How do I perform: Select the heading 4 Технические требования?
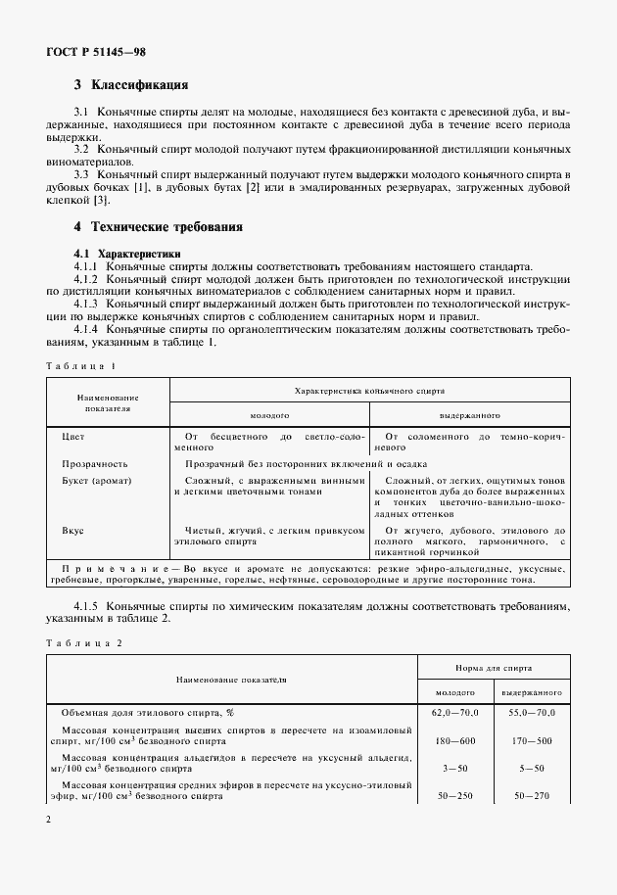click(159, 227)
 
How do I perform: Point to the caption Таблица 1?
click(80, 365)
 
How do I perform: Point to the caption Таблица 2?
click(81, 642)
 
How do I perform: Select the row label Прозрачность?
click(94, 464)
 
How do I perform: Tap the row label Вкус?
click(72, 530)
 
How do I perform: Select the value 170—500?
click(533, 740)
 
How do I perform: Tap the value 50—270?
click(533, 795)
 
